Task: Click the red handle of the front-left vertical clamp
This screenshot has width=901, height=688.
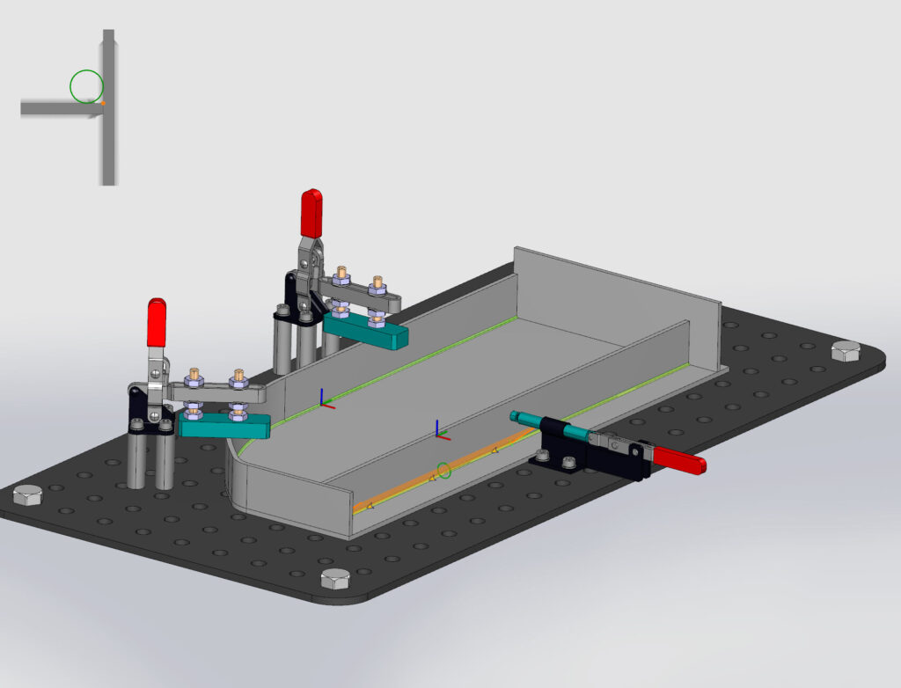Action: tap(157, 322)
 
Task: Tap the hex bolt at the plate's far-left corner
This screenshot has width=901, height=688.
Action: tap(27, 495)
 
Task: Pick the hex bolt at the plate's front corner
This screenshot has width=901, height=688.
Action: tap(334, 579)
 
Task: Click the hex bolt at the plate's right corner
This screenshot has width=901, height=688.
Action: tap(846, 351)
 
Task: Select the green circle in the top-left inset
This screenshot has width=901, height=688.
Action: tap(86, 86)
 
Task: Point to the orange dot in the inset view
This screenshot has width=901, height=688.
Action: tap(102, 103)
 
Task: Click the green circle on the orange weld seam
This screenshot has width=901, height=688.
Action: tap(444, 471)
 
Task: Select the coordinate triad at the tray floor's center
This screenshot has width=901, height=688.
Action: tap(438, 431)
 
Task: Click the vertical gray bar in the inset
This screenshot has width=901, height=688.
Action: tap(108, 141)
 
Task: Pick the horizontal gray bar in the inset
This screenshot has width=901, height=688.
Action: tap(53, 107)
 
